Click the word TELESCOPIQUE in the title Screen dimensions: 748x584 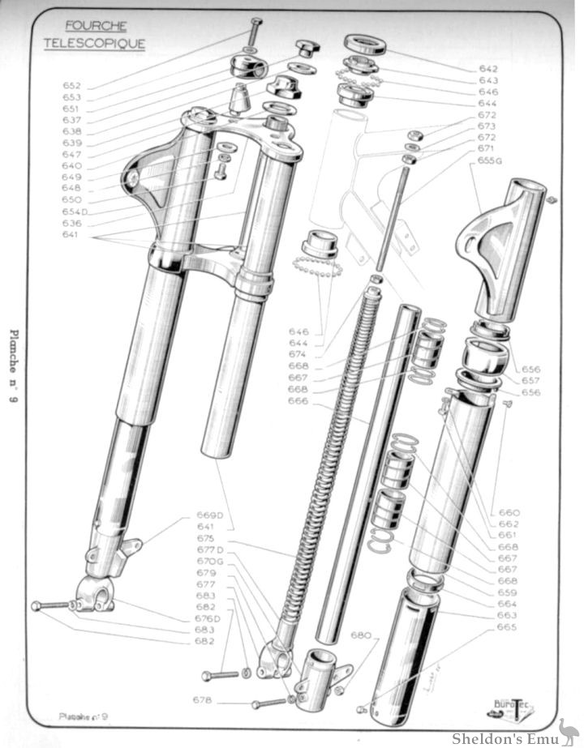(x=94, y=43)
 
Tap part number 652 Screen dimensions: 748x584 (x=72, y=85)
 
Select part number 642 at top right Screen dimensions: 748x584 (x=488, y=69)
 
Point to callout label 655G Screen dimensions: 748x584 (x=491, y=160)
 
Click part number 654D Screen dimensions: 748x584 (x=75, y=212)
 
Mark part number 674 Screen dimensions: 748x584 (x=298, y=354)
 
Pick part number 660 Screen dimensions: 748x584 (x=509, y=513)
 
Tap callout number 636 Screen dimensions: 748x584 (x=72, y=223)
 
